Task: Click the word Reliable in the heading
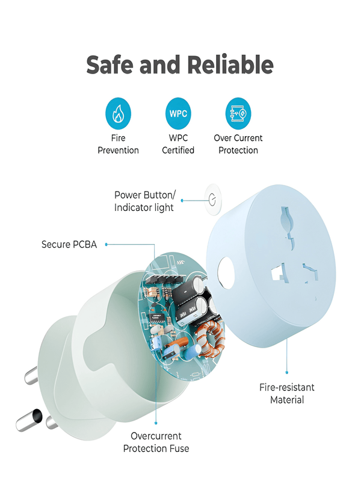coord(230,65)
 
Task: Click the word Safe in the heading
coord(111,65)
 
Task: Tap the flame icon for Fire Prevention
coord(118,114)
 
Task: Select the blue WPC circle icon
coord(178,114)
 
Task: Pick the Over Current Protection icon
coord(238,114)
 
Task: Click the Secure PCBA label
coord(69,245)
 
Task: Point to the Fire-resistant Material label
coord(287,393)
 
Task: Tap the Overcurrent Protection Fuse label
coord(156,442)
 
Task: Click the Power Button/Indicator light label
coord(145,201)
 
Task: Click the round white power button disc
coord(214,199)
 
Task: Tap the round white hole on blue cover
coord(226,272)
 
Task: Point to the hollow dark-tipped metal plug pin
coord(29,420)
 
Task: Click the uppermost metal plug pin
coord(31,375)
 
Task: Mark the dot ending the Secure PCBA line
coord(106,245)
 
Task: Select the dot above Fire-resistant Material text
coord(287,372)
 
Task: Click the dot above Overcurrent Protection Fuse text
coord(156,423)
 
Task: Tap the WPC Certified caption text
coord(178,144)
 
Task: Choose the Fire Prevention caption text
coord(118,144)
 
